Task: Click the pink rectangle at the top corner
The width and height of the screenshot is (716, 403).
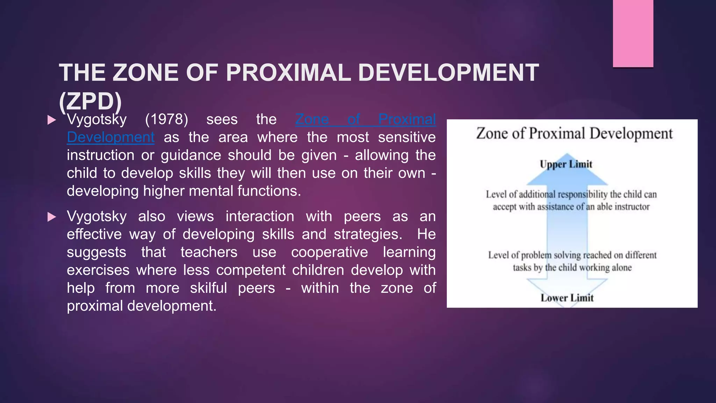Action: [633, 33]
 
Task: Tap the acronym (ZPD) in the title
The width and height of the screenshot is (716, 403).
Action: [90, 102]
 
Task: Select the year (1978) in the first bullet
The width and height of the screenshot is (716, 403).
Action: [166, 120]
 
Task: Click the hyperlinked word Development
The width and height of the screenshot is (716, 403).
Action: [110, 137]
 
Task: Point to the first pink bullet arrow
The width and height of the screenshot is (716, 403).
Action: [52, 120]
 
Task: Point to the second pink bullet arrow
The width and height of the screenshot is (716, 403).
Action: [52, 217]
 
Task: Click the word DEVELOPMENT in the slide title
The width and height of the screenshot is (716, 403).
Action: [448, 73]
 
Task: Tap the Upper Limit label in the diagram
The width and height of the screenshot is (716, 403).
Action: [566, 164]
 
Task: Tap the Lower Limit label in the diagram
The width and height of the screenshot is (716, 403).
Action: [567, 298]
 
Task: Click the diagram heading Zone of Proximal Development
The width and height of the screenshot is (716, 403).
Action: [574, 134]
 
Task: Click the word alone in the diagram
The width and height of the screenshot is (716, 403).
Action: [622, 268]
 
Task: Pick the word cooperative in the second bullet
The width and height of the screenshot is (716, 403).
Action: [329, 252]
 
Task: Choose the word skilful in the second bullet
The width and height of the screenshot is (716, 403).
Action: [208, 288]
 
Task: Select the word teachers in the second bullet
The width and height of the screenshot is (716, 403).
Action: [209, 252]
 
